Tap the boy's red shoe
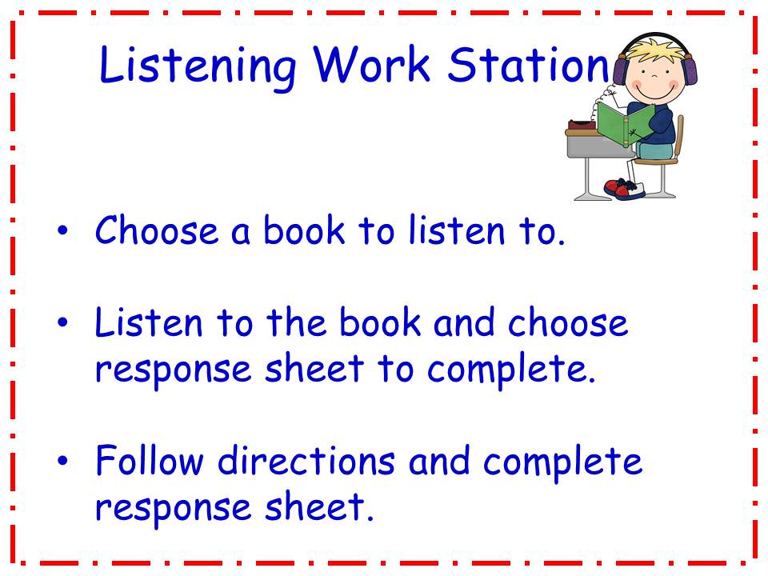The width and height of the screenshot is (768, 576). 617,189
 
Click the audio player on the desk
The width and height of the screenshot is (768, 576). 582,126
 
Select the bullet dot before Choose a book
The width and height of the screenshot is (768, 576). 63,232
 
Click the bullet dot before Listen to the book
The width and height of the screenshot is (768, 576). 63,323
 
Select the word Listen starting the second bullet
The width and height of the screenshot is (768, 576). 142,322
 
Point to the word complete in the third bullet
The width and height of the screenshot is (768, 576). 563,462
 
